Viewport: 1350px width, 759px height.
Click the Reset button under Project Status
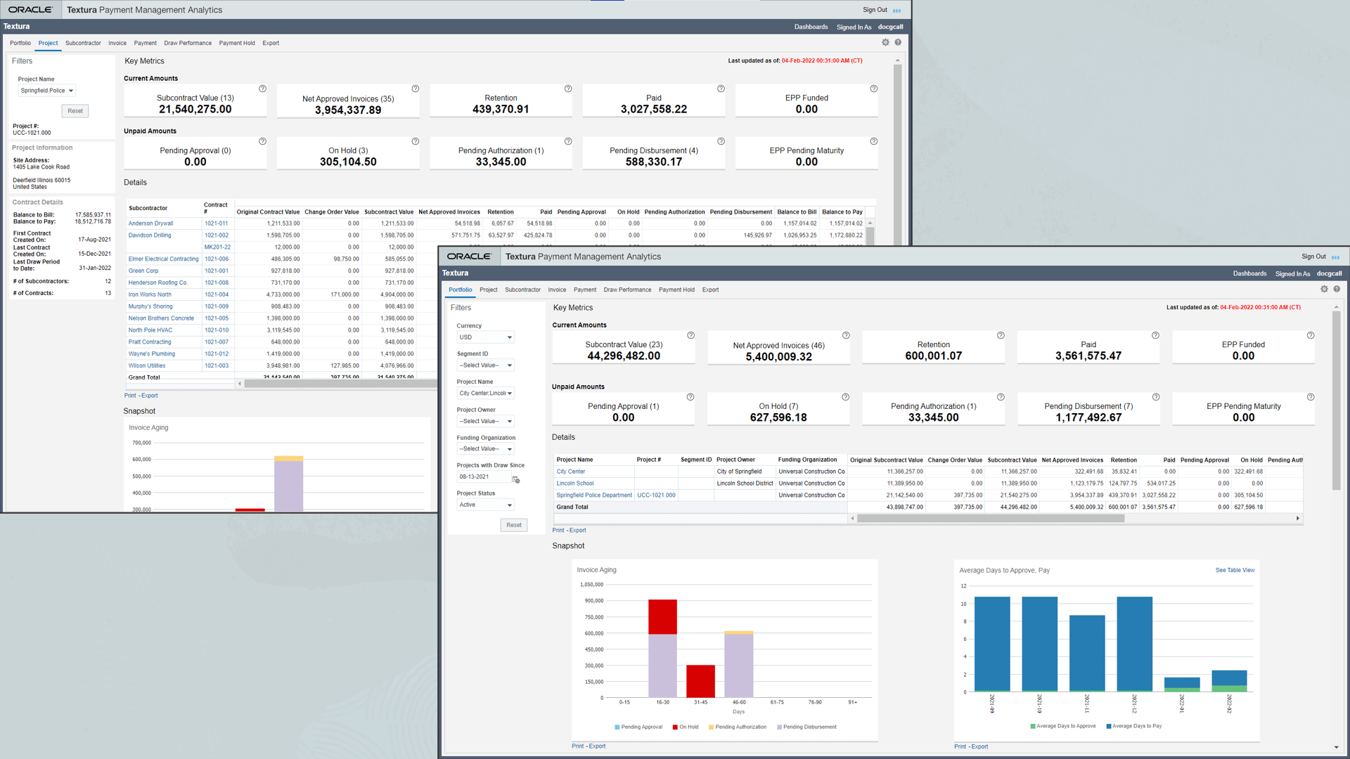(x=514, y=525)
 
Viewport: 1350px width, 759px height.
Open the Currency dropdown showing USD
(x=485, y=337)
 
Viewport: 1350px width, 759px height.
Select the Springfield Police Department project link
(x=594, y=495)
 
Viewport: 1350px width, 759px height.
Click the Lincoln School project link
(x=575, y=484)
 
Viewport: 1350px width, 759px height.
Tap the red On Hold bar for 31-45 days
(x=700, y=681)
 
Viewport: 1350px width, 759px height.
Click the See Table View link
(x=1235, y=570)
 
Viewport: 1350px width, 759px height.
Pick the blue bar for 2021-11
(x=1087, y=654)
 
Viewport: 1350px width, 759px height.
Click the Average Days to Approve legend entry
(x=1065, y=726)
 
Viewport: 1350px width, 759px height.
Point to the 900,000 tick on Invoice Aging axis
(x=594, y=601)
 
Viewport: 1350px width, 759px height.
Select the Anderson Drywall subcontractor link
(x=150, y=223)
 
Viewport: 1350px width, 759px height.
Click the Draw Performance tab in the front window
(x=627, y=290)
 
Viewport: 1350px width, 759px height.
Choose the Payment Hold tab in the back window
(x=237, y=43)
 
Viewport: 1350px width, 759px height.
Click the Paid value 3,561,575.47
(x=1088, y=356)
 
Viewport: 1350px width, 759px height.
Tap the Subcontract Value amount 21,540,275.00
(x=195, y=110)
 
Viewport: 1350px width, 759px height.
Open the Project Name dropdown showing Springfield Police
(x=47, y=91)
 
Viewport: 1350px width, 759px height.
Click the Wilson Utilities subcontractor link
(x=147, y=365)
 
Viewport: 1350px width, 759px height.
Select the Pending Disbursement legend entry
(x=809, y=727)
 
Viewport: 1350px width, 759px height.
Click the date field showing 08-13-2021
(x=484, y=477)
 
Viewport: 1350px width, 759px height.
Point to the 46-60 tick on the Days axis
(x=739, y=702)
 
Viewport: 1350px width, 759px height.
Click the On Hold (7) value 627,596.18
(x=778, y=417)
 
